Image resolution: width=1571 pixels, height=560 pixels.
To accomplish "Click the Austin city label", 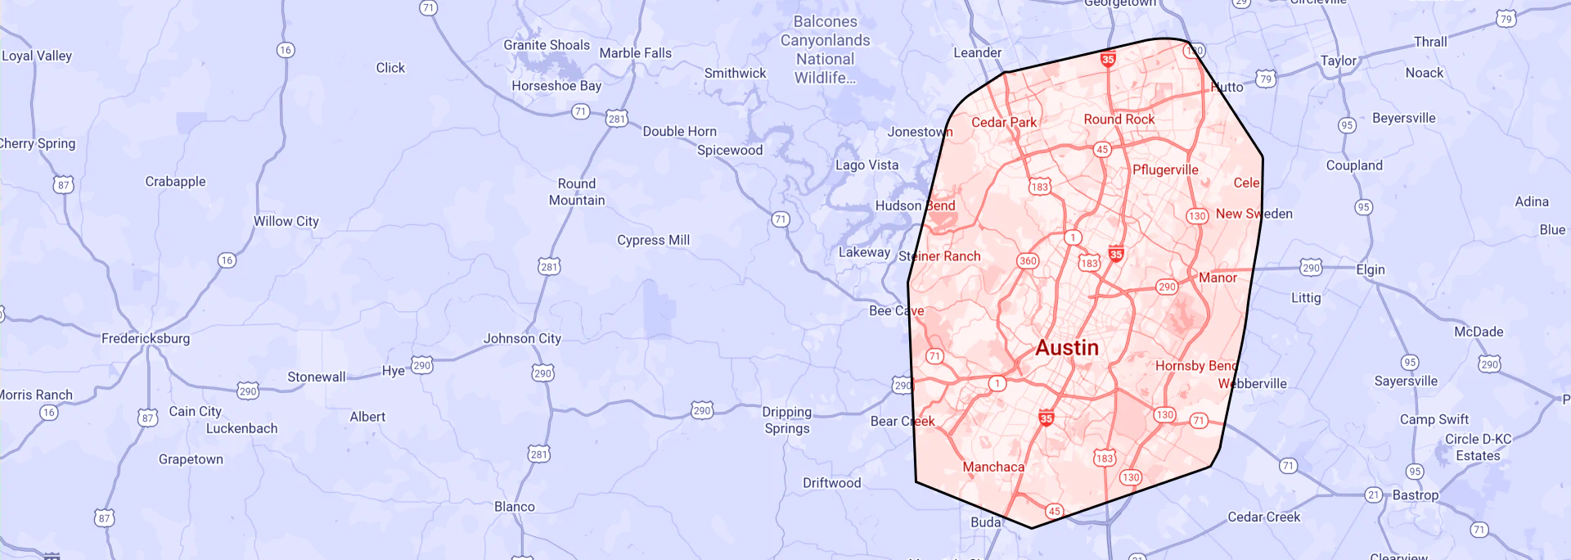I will click(x=1067, y=348).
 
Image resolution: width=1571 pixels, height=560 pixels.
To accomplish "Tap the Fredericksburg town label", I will click(x=146, y=338).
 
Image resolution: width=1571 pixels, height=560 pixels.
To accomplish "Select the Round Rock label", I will click(x=1119, y=120).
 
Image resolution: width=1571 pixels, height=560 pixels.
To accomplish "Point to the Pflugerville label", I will click(x=1165, y=170).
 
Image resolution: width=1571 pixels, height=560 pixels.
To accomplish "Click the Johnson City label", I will click(x=522, y=338).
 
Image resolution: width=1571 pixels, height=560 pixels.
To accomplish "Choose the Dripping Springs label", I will click(x=787, y=420).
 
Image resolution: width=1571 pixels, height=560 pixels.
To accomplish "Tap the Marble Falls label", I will click(x=635, y=53).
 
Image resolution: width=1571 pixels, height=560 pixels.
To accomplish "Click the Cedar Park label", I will click(x=1004, y=123).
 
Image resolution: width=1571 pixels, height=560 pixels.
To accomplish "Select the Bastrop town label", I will click(x=1415, y=495).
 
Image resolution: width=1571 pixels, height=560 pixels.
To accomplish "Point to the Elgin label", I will click(x=1370, y=269).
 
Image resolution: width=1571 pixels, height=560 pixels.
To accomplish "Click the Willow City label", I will click(x=286, y=221).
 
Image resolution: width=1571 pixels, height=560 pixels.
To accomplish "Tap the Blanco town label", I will click(x=514, y=507).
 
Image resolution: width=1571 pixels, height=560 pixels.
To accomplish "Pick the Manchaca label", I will click(x=993, y=467).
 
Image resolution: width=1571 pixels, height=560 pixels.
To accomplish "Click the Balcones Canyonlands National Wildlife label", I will click(x=825, y=50).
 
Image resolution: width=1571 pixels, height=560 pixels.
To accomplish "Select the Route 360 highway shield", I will click(x=1028, y=261).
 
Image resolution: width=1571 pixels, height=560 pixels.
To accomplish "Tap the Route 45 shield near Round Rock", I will click(x=1102, y=150).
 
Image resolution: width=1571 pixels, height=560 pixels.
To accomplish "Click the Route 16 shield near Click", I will click(x=285, y=50).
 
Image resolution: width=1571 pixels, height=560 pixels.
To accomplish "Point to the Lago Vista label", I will click(x=867, y=165).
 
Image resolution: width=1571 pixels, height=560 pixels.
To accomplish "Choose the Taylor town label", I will click(x=1338, y=61).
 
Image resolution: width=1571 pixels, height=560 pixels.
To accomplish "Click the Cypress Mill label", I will click(x=653, y=240).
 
